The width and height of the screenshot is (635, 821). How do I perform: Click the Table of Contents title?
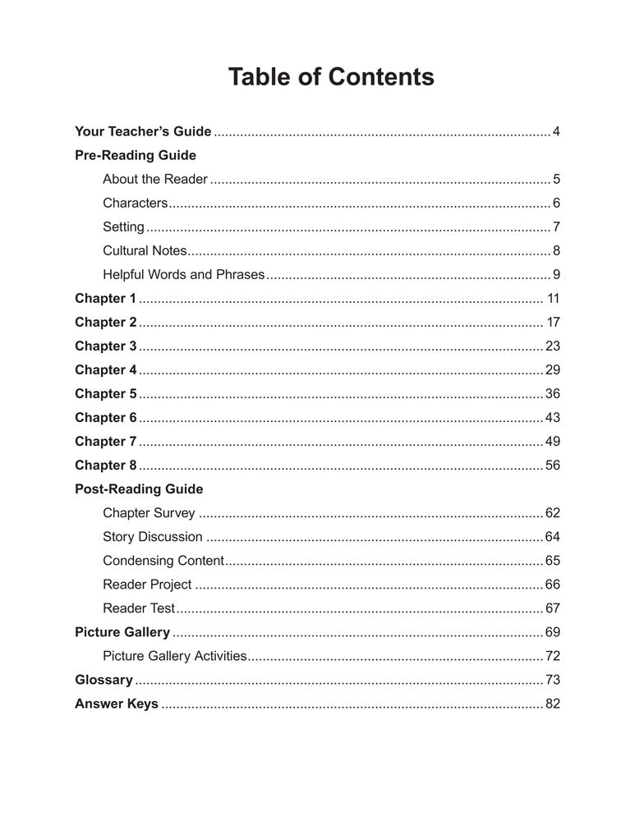330,77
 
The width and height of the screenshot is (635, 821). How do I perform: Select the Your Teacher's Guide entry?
143,131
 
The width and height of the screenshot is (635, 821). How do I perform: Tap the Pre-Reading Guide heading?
136,155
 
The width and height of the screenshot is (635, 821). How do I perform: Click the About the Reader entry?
155,179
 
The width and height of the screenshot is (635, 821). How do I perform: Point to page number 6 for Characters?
556,203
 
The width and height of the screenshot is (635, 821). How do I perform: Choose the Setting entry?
123,227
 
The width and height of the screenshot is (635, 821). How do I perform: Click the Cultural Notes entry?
145,250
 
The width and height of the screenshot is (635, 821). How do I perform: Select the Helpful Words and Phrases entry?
184,274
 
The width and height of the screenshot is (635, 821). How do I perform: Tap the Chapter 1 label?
105,298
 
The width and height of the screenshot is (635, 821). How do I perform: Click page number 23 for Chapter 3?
552,346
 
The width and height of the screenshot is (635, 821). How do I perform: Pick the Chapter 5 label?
105,393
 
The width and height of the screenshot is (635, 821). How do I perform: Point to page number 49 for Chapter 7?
552,441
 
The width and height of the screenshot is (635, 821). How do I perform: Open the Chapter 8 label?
105,465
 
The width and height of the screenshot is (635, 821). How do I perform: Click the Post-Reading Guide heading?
139,488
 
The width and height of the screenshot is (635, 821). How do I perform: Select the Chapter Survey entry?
149,513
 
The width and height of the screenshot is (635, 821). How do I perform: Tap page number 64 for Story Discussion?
552,537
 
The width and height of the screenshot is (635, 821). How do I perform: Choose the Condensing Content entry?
163,561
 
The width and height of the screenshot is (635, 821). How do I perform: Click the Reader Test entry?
139,608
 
